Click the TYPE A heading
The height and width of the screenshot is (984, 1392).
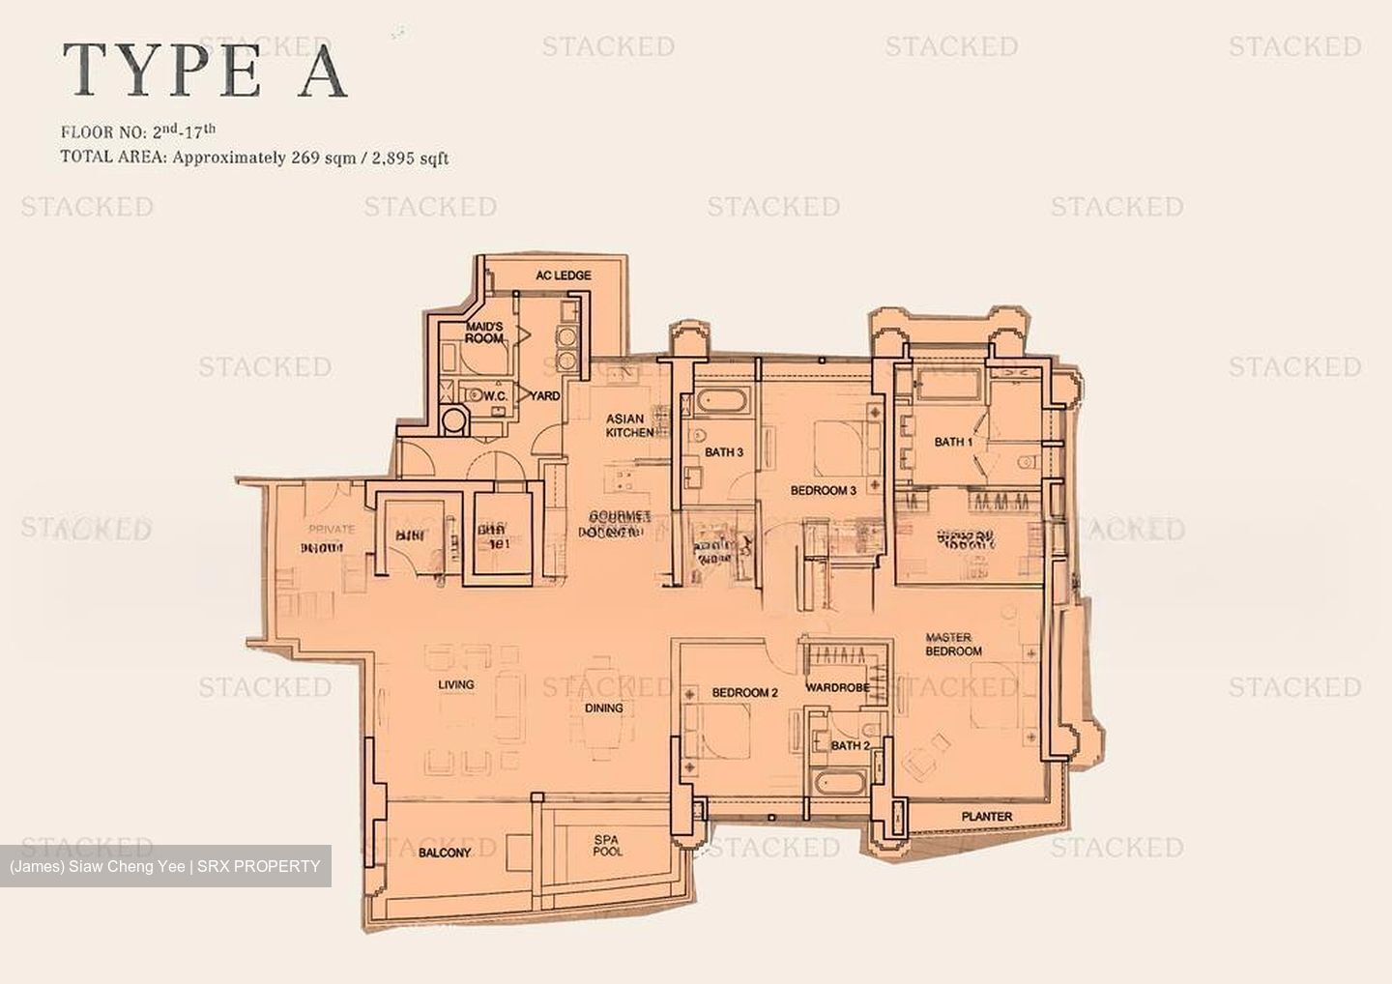(205, 71)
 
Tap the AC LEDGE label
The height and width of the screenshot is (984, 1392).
(564, 275)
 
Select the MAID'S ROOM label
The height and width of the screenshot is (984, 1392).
(484, 333)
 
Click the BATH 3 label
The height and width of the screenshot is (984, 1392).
(723, 452)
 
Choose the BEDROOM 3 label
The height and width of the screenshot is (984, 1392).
(823, 490)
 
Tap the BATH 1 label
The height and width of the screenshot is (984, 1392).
(953, 442)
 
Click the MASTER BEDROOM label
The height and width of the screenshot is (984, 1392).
(953, 644)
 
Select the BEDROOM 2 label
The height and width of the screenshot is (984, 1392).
(744, 692)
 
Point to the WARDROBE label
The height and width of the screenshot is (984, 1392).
(837, 688)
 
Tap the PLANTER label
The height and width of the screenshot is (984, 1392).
(987, 817)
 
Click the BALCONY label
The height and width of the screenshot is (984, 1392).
(445, 853)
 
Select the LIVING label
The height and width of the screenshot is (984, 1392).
(455, 684)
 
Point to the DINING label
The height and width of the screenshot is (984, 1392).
(603, 708)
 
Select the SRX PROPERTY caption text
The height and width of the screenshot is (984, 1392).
(258, 866)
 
